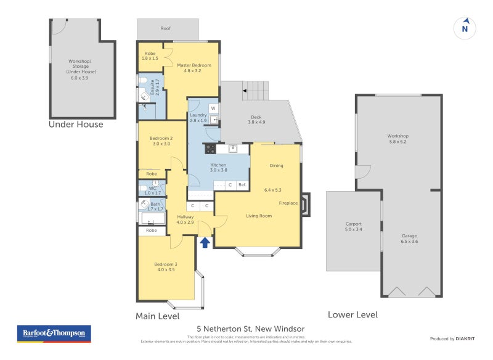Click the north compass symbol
tap(465, 28)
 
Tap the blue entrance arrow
tap(205, 242)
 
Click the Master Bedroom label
tap(194, 68)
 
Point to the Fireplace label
tap(288, 203)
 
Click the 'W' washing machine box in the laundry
tap(213, 108)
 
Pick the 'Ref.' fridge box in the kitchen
tap(242, 185)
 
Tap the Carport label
tap(353, 226)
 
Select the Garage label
tap(410, 239)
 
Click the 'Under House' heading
tap(76, 125)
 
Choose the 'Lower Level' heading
tap(352, 314)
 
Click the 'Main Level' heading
tap(157, 316)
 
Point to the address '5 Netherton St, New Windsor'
tap(251, 329)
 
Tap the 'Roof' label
tap(166, 28)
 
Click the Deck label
tap(256, 120)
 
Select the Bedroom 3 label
tap(166, 267)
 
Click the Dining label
tap(276, 165)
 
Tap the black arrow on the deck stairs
tap(245, 91)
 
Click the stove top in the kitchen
tap(210, 148)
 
